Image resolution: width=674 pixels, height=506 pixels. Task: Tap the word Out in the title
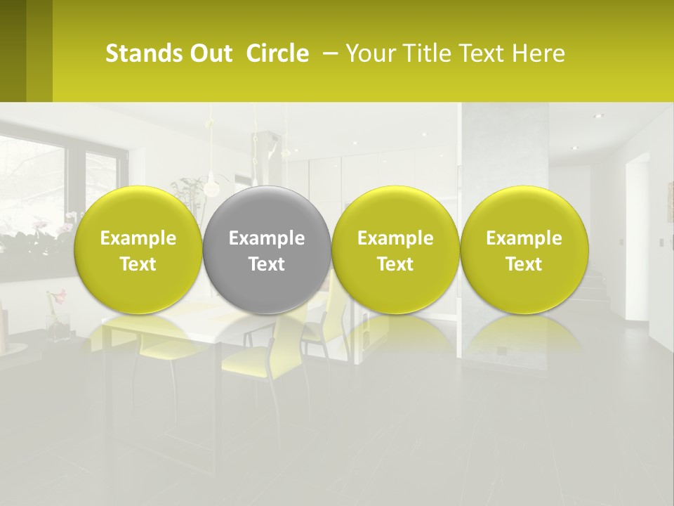pyautogui.click(x=210, y=53)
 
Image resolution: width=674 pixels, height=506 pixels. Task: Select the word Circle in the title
pyautogui.click(x=277, y=53)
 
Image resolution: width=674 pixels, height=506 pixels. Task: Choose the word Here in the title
pyautogui.click(x=538, y=53)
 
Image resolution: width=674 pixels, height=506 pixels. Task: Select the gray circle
pyautogui.click(x=267, y=249)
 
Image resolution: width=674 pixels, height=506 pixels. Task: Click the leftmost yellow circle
pyautogui.click(x=138, y=249)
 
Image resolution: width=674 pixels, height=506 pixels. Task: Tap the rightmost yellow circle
pyautogui.click(x=524, y=249)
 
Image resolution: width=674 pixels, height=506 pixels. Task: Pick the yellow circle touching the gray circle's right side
pyautogui.click(x=395, y=249)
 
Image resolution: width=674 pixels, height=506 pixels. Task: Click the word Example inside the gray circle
pyautogui.click(x=267, y=238)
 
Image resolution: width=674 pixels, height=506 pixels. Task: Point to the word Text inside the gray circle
pyautogui.click(x=267, y=264)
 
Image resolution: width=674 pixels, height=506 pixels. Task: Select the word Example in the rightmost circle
pyautogui.click(x=524, y=238)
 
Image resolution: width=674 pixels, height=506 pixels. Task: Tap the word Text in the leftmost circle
pyautogui.click(x=138, y=264)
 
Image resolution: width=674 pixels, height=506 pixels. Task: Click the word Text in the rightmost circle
pyautogui.click(x=524, y=264)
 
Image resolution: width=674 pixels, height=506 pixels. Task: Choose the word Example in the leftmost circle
pyautogui.click(x=138, y=238)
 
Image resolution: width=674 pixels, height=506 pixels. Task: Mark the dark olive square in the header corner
pyautogui.click(x=26, y=51)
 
